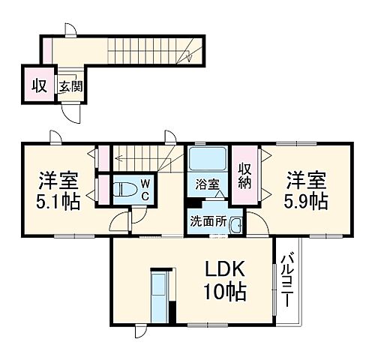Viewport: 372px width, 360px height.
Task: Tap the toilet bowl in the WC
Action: (x=123, y=189)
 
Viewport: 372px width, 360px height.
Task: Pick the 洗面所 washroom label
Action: (x=206, y=223)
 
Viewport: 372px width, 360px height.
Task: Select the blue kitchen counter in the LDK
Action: (x=160, y=298)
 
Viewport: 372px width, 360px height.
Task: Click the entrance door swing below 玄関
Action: (x=70, y=113)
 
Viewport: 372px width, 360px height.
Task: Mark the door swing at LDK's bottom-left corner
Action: (x=141, y=331)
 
